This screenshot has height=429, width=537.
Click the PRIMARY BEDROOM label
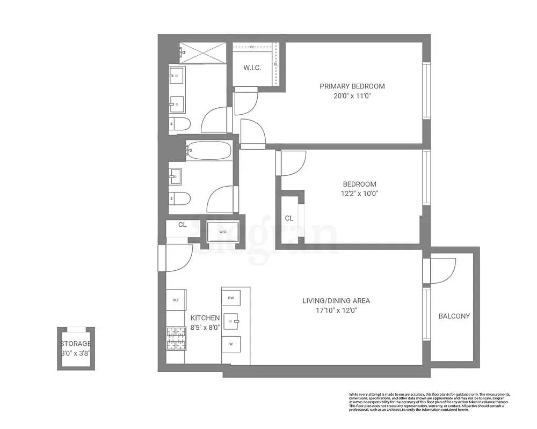coord(352,86)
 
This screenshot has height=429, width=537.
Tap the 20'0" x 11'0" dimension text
coord(352,96)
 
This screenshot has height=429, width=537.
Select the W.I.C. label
coord(252,68)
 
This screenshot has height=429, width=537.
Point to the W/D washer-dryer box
coord(222,232)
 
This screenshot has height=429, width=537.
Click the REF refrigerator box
coord(176,300)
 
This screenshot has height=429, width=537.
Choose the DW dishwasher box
coord(231,298)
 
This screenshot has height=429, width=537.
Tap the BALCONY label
coord(454,316)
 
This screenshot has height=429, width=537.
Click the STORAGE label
coord(76,344)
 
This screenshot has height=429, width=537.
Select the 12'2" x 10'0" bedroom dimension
coord(359,194)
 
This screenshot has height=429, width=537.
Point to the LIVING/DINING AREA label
coord(336,300)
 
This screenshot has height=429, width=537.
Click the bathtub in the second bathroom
coord(209,150)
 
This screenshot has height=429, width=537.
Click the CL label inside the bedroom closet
coord(289,218)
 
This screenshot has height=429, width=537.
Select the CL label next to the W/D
coord(182,225)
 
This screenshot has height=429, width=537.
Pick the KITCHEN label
coord(205,318)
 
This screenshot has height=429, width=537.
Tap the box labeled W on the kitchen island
coord(231,344)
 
